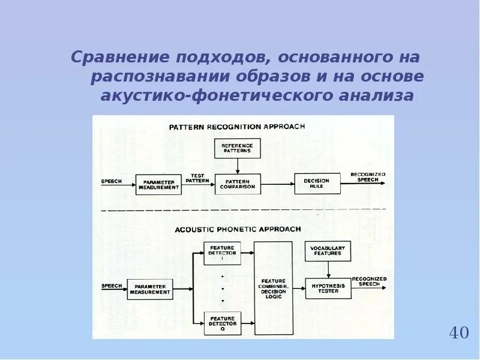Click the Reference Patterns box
(x=237, y=148)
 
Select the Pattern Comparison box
(x=237, y=184)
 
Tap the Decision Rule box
(x=317, y=184)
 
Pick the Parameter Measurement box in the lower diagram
(x=149, y=289)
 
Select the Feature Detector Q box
(x=222, y=323)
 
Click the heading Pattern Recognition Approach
(x=236, y=127)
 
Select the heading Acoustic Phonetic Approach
(x=238, y=229)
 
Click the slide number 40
(x=458, y=332)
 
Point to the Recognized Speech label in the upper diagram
(x=368, y=176)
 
